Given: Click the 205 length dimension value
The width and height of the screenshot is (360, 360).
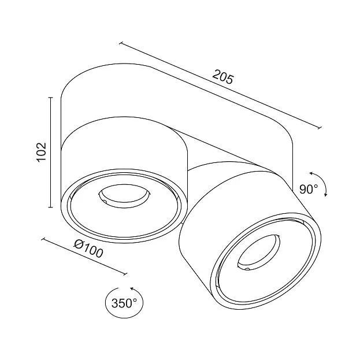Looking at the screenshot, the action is pyautogui.click(x=222, y=76).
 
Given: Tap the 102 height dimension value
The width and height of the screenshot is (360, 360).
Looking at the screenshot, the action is pyautogui.click(x=42, y=152).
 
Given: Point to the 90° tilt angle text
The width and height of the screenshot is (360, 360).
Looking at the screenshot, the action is pyautogui.click(x=309, y=189).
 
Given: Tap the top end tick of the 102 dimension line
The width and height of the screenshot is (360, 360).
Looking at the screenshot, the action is pyautogui.click(x=51, y=98).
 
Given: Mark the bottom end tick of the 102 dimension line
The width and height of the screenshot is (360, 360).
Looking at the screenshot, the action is pyautogui.click(x=51, y=207).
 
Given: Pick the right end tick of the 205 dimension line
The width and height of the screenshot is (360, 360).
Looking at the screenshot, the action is pyautogui.click(x=319, y=128).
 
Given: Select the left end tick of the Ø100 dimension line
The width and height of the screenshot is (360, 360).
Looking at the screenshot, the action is pyautogui.click(x=43, y=239).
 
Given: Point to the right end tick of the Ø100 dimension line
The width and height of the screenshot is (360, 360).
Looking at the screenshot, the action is pyautogui.click(x=125, y=274).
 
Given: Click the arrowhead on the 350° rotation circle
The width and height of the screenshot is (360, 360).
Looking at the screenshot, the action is pyautogui.click(x=132, y=288).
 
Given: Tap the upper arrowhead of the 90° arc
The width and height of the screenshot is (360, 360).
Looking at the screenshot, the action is pyautogui.click(x=311, y=173).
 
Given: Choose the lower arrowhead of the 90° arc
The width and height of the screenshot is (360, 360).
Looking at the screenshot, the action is pyautogui.click(x=325, y=195).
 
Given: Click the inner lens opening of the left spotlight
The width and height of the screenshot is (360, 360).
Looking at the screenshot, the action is pyautogui.click(x=124, y=196).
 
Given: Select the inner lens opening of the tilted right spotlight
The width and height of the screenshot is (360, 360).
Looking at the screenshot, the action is pyautogui.click(x=259, y=252).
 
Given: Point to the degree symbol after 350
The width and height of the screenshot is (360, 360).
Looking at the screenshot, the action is pyautogui.click(x=134, y=300).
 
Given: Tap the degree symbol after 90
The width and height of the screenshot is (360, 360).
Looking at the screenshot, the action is pyautogui.click(x=316, y=186).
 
